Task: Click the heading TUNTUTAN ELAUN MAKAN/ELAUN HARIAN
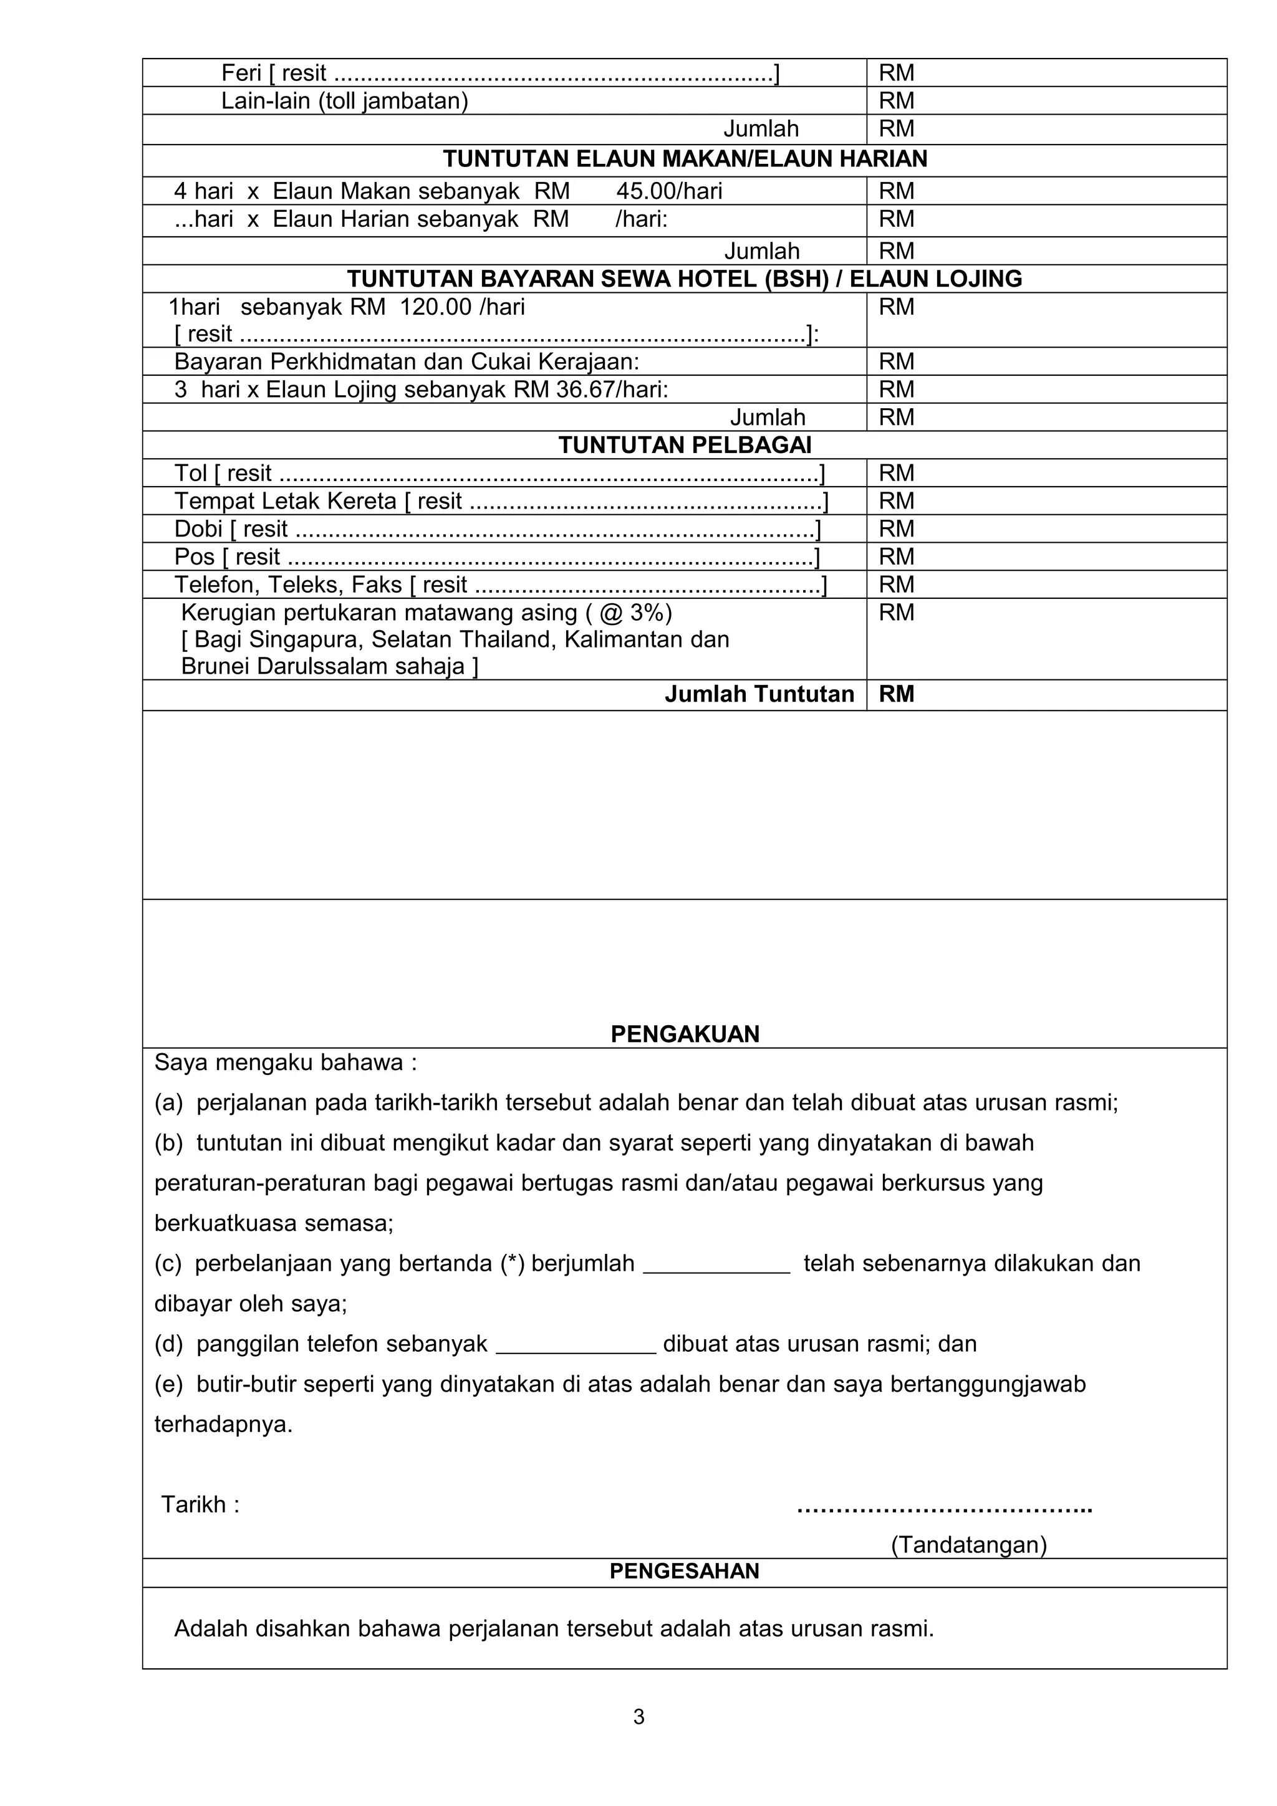tap(685, 159)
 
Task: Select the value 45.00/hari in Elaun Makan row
tap(669, 191)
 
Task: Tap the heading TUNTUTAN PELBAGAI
tap(685, 445)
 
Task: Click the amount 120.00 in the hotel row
tap(435, 307)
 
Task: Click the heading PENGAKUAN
tap(685, 1034)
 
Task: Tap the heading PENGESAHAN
tap(685, 1571)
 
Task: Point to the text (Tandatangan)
tap(968, 1545)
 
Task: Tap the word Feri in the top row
tap(241, 73)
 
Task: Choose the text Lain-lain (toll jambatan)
tap(345, 101)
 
